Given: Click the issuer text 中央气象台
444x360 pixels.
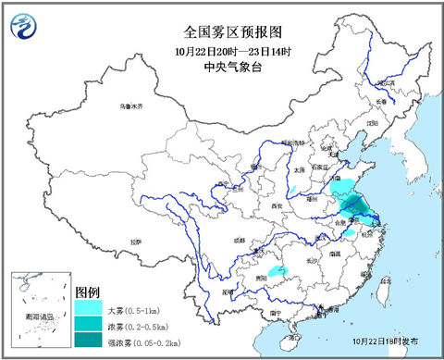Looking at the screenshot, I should [x=221, y=64].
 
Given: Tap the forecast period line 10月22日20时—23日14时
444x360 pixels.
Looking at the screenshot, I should [x=221, y=49].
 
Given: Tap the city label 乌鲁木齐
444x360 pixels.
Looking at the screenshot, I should [x=132, y=107].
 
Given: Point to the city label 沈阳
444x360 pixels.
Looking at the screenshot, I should [x=373, y=121].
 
